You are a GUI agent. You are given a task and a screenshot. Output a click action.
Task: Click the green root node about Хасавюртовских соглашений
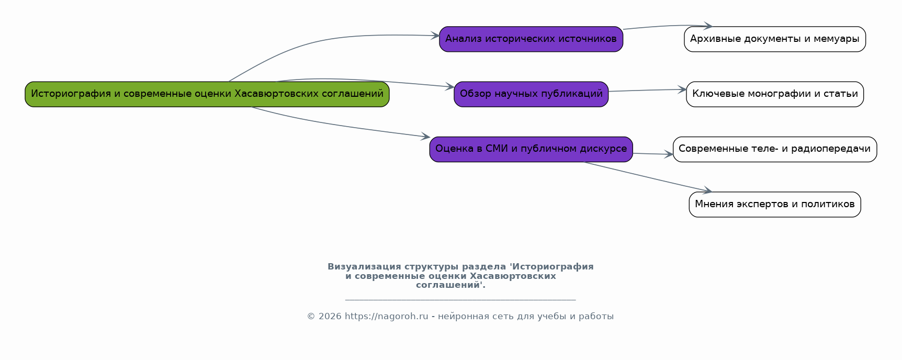[x=207, y=94]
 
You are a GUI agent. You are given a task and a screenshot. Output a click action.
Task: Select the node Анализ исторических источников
[x=531, y=39]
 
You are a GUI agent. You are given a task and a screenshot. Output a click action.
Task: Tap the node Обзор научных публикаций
[x=531, y=94]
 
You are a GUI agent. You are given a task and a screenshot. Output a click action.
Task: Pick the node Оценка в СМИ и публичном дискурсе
[x=531, y=149]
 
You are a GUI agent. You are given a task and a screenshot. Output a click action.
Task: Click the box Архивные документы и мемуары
[x=775, y=39]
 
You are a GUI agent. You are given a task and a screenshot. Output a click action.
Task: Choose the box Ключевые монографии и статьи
[x=775, y=94]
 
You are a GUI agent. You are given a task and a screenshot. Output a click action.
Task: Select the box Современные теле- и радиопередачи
[x=775, y=149]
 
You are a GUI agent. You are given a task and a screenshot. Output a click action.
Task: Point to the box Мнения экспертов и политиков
[x=775, y=204]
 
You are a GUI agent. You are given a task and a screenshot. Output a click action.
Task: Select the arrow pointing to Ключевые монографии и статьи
[x=648, y=91]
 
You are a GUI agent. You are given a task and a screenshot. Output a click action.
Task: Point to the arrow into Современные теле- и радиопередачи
[x=653, y=154]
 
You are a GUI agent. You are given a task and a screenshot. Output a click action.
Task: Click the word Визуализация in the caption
[x=364, y=267]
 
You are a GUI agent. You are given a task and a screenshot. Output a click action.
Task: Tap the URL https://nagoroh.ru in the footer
[x=386, y=317]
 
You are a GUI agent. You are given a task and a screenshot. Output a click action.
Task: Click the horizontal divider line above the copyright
[x=460, y=300]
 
